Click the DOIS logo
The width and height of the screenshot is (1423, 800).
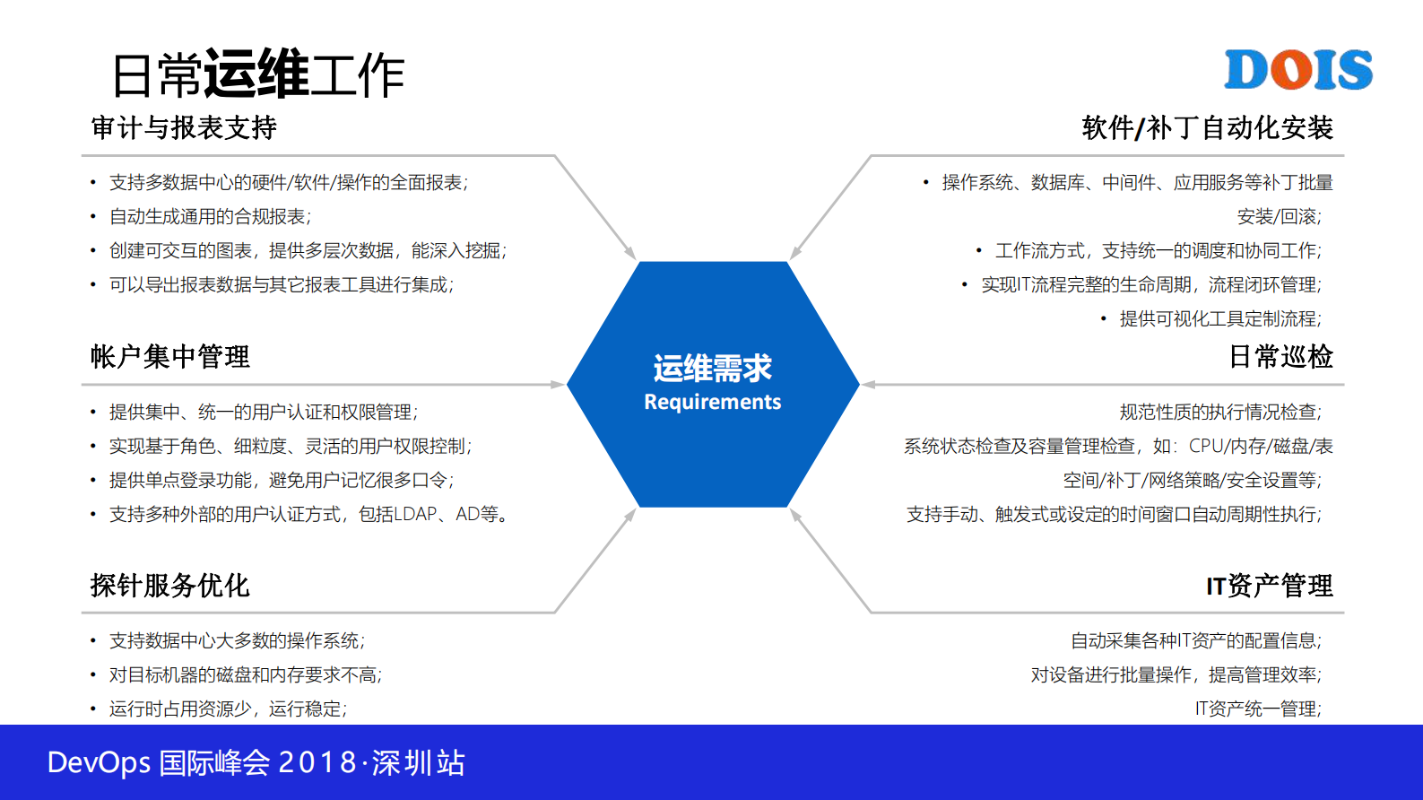(1297, 70)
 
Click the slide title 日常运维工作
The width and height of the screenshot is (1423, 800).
(258, 74)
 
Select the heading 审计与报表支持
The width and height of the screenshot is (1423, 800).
(184, 128)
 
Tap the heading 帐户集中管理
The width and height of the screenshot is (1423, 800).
(170, 357)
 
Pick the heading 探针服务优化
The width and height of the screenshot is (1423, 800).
(170, 586)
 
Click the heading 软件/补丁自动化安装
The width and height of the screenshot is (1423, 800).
(1207, 128)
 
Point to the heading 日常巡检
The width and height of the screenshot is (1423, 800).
(1280, 357)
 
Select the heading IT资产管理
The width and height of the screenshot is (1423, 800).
(1269, 586)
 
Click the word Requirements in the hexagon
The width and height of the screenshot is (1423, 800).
(712, 402)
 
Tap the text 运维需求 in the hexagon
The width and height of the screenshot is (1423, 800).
(712, 368)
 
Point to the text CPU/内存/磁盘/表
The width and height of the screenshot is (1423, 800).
(1261, 447)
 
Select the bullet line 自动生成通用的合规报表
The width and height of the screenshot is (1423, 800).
(210, 217)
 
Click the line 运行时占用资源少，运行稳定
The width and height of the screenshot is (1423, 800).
(228, 709)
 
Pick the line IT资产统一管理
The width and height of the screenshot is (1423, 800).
(1257, 709)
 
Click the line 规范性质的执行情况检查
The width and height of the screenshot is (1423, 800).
(1219, 413)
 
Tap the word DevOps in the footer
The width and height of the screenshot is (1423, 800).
(99, 763)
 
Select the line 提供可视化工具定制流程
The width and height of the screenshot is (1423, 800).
(1219, 319)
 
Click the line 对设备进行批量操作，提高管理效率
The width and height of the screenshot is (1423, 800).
(1175, 675)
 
